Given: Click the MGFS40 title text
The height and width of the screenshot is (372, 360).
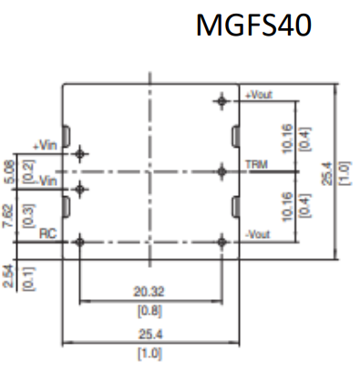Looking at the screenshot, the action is click(x=253, y=26).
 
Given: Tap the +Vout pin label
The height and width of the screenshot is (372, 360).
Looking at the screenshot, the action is click(x=259, y=95).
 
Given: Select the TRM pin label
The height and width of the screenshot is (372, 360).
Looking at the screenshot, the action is click(x=256, y=165).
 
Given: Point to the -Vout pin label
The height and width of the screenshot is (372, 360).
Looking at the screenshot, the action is click(x=258, y=234).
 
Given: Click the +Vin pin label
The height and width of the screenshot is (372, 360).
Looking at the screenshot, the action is click(x=45, y=146).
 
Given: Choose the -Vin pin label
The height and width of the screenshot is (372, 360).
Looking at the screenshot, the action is click(x=47, y=181).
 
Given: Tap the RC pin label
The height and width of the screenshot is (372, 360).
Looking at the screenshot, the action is click(x=48, y=233).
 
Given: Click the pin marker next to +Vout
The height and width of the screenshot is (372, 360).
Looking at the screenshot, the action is click(x=222, y=101).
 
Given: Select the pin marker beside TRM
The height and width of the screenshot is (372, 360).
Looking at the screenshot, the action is click(x=222, y=171).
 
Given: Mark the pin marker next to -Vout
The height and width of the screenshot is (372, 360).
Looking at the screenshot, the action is click(x=222, y=243).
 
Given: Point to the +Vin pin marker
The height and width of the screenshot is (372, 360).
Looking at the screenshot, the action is click(x=80, y=154).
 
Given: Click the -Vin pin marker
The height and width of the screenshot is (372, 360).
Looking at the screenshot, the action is click(x=80, y=190).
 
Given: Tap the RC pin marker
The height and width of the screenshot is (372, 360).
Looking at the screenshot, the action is click(x=80, y=243).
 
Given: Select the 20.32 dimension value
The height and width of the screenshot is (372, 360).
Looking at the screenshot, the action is click(x=149, y=292).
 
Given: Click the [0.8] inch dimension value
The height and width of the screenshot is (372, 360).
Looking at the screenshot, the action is click(x=149, y=312).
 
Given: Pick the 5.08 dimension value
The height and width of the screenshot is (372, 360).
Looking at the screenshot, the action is click(x=9, y=171).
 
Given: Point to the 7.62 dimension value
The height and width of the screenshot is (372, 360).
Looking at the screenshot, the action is click(x=8, y=216).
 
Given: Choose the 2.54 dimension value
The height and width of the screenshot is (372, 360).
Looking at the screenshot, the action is click(x=8, y=276).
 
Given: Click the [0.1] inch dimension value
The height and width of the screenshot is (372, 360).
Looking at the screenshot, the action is click(x=29, y=279).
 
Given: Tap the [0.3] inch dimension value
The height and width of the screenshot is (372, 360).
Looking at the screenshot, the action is click(x=29, y=215).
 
